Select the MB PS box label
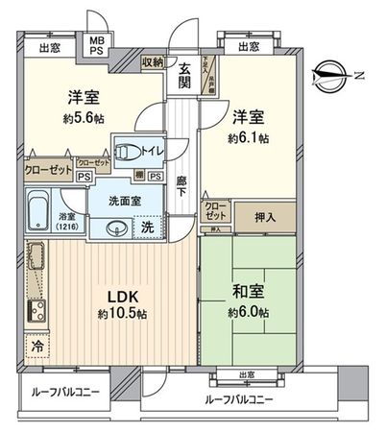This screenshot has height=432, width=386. (98, 47)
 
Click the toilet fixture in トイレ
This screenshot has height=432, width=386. (129, 150)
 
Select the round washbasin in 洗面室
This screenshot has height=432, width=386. (117, 228)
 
